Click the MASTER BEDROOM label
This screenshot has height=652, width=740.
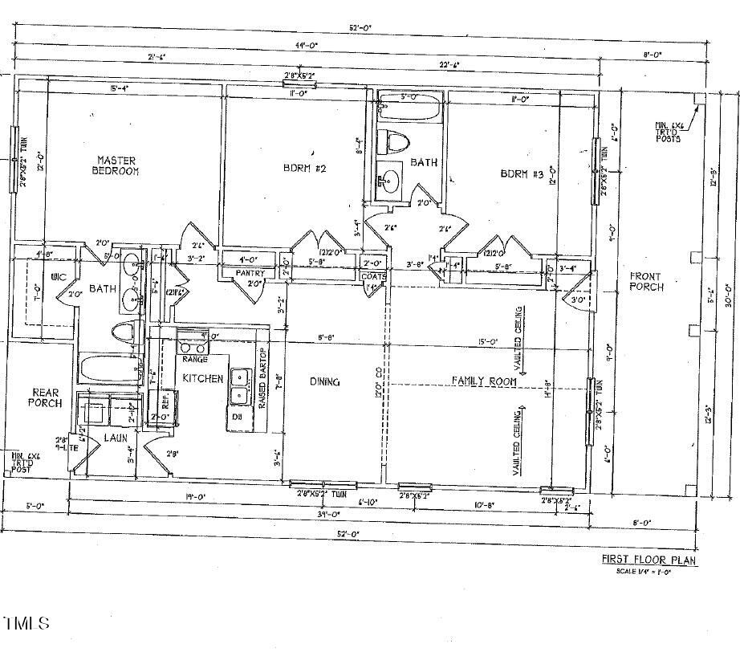[x=116, y=165]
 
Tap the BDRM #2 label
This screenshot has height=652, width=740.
[x=304, y=169]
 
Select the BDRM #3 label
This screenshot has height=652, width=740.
[x=522, y=173]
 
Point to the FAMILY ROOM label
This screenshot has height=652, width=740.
[x=483, y=381]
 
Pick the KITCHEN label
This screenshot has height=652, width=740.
[x=202, y=377]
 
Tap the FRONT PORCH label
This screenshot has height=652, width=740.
[x=646, y=281]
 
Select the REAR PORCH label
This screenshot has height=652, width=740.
[x=46, y=397]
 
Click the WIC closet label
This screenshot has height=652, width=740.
[x=57, y=277]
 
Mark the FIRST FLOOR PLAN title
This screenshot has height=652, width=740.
[x=649, y=560]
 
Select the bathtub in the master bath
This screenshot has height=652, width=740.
[x=110, y=371]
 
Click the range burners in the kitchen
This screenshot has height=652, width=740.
[x=193, y=347]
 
